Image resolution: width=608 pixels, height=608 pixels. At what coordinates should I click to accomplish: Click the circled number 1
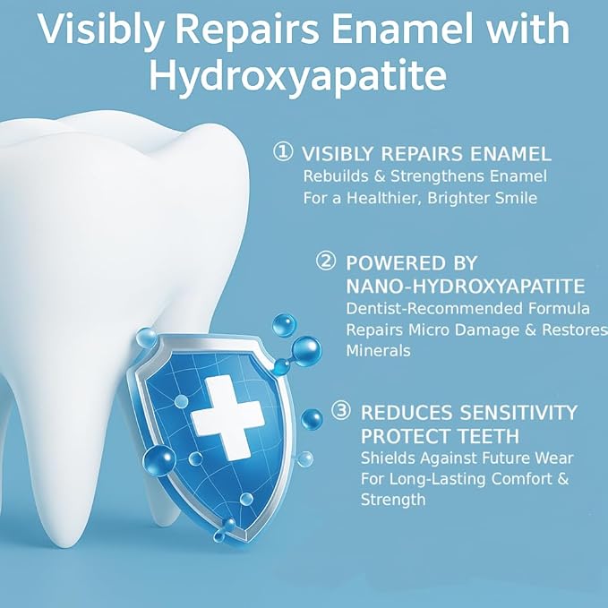tap(283, 152)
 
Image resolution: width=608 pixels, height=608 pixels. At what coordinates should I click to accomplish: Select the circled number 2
tap(326, 261)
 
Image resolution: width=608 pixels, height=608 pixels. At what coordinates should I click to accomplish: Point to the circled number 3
tap(341, 411)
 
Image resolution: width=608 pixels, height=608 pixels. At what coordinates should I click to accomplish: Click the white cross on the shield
tap(227, 413)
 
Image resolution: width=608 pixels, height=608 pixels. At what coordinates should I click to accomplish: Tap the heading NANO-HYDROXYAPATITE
tap(465, 287)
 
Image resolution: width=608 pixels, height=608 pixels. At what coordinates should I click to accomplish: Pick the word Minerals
tap(378, 351)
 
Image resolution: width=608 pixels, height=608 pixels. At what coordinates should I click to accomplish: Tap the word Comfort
tap(515, 479)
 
